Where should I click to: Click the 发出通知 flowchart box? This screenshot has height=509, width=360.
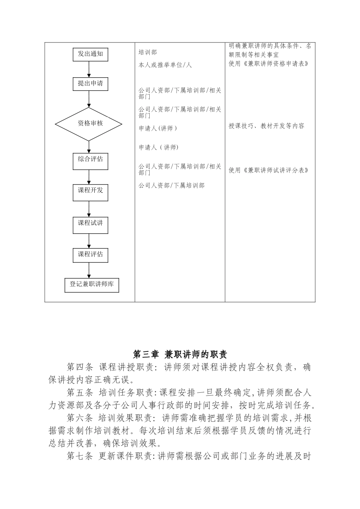90,54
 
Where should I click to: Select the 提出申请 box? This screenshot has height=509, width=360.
90,84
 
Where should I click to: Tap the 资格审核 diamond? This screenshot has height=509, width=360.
89,123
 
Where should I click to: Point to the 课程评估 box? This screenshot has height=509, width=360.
90,255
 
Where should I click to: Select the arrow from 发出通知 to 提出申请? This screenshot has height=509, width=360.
89,69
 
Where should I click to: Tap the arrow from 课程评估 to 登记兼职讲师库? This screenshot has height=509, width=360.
89,270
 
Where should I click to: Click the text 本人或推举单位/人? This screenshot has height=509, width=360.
165,65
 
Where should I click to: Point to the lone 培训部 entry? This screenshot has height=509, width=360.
147,52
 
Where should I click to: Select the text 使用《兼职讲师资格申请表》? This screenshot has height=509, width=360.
268,64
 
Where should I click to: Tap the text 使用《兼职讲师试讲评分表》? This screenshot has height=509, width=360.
268,170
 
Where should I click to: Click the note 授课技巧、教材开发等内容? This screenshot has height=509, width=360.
266,126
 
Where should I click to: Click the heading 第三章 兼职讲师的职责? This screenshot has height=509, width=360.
180,354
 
